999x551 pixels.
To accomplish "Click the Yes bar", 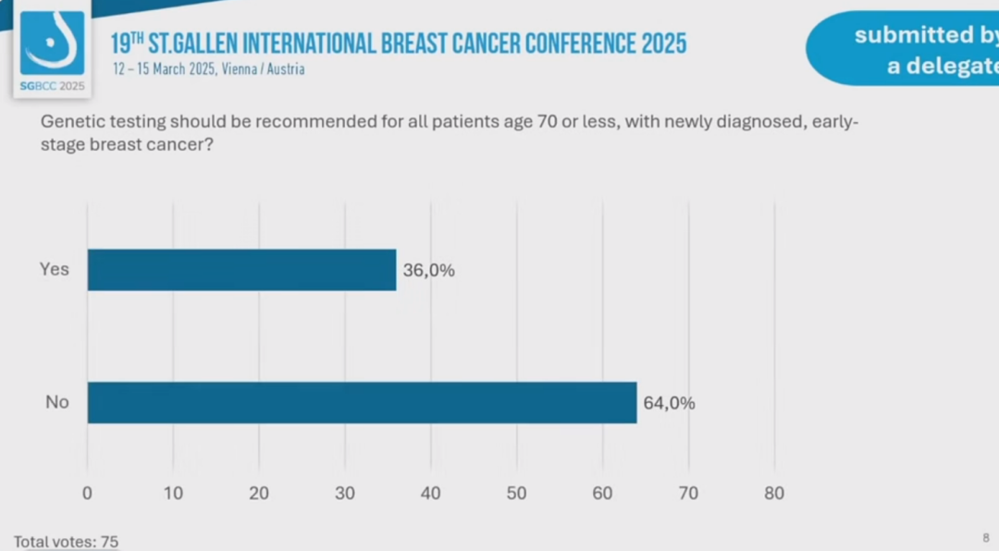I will click(x=241, y=270).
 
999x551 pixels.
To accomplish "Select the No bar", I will click(x=362, y=403).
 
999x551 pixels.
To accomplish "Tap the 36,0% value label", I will click(x=429, y=271).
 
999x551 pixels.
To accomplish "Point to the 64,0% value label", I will click(x=669, y=403).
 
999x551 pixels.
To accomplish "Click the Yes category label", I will click(x=55, y=270).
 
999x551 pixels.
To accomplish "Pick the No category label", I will click(x=57, y=403).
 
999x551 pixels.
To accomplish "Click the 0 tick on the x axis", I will click(x=87, y=494).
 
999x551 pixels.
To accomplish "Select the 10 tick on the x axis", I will click(x=173, y=494).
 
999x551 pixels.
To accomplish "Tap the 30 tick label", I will click(x=345, y=494).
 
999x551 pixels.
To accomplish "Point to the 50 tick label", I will click(x=516, y=494).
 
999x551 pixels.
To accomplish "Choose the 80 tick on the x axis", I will click(x=774, y=494).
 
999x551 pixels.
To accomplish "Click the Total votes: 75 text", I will click(x=67, y=542).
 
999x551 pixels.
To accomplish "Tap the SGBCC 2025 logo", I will click(x=52, y=52).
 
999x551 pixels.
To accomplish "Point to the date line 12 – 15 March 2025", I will click(x=208, y=69).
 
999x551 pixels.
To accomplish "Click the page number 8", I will click(x=985, y=537).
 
